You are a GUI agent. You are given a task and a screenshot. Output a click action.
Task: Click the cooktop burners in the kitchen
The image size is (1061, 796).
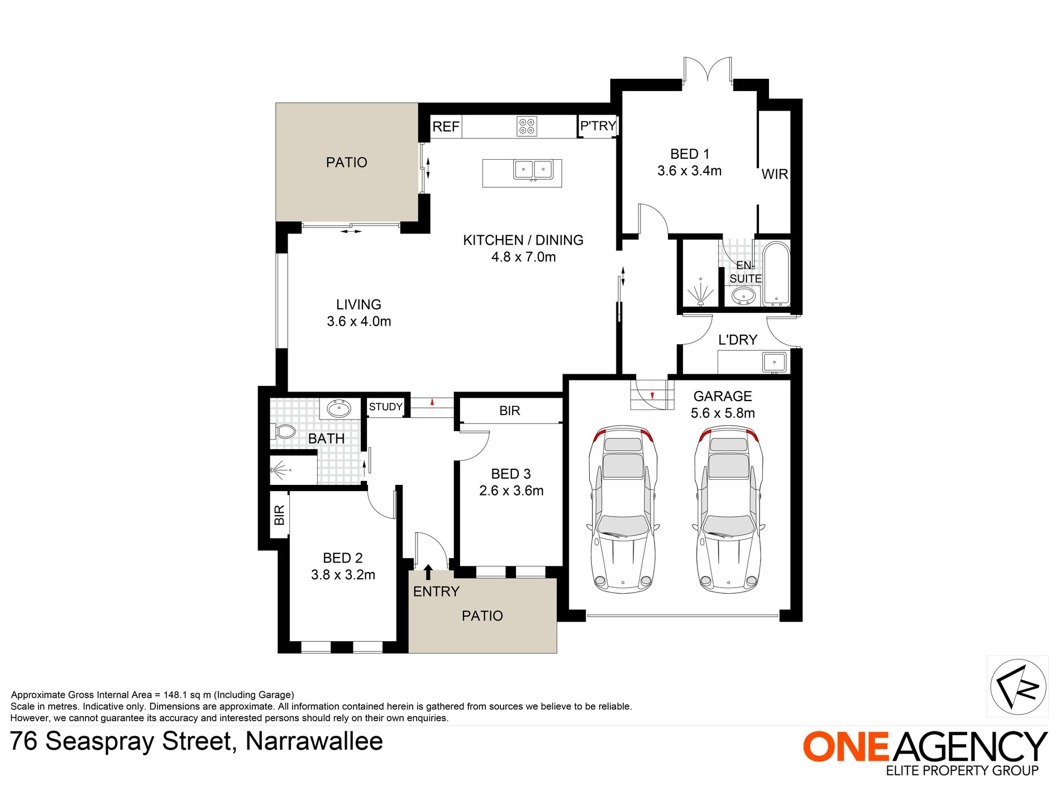tap(527, 126)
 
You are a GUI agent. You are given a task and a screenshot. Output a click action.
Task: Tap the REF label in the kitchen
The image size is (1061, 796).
tap(446, 127)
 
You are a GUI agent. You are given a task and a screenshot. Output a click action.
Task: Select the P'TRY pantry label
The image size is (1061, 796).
tap(598, 126)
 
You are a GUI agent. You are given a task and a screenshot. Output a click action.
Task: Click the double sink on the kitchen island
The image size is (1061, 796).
tap(533, 170)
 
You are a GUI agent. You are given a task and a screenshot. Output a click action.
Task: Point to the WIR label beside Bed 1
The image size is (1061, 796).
tap(775, 174)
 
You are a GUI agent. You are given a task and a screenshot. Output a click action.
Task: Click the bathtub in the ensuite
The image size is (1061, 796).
tap(776, 274)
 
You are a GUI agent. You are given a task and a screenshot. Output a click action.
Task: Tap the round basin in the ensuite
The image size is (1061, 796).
tap(743, 296)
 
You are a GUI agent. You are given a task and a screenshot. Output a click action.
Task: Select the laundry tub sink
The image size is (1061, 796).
tap(774, 362)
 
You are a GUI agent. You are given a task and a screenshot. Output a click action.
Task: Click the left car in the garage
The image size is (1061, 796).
tap(623, 509)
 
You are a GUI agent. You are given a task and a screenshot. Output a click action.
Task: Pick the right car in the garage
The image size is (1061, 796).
tap(728, 509)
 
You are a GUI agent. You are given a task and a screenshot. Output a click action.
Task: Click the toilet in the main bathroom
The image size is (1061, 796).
tap(284, 431)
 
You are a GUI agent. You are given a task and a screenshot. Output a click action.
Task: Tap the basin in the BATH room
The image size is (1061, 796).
tap(338, 409)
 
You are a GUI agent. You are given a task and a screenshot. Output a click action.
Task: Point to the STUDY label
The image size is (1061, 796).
tap(385, 407)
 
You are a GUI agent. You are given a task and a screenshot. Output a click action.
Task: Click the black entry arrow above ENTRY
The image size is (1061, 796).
tap(428, 572)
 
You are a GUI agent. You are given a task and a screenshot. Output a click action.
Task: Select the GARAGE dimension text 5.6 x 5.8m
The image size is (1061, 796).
tap(723, 413)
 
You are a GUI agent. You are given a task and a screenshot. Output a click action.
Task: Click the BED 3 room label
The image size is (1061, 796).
tap(511, 474)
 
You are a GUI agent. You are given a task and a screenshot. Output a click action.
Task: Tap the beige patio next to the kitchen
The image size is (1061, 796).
tap(347, 162)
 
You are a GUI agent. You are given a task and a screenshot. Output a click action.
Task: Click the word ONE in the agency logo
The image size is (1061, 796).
tap(845, 747)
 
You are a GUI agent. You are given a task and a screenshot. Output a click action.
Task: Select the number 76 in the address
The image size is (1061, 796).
tap(24, 742)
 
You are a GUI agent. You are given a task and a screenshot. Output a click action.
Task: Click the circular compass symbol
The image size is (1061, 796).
tap(1017, 687)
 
